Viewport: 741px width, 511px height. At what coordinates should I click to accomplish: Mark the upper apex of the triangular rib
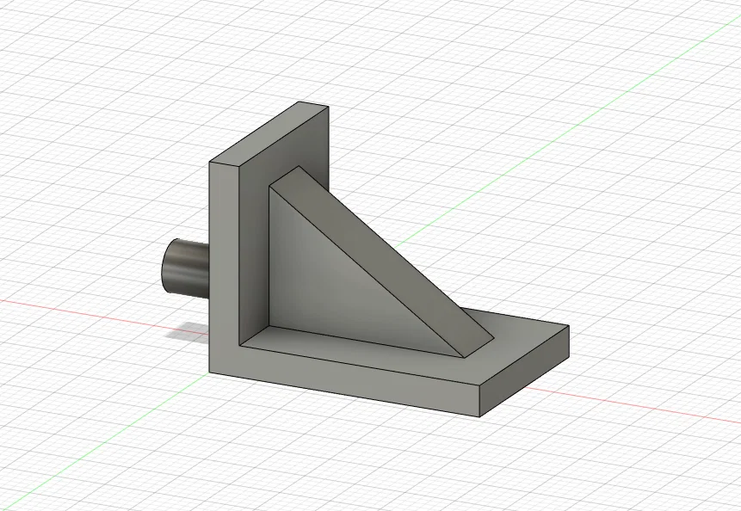point(298,167)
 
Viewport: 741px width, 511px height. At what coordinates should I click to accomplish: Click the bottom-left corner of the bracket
point(210,372)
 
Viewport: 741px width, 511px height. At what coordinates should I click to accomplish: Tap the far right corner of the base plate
point(569,327)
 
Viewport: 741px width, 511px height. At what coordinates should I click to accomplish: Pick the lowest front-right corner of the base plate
point(479,417)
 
